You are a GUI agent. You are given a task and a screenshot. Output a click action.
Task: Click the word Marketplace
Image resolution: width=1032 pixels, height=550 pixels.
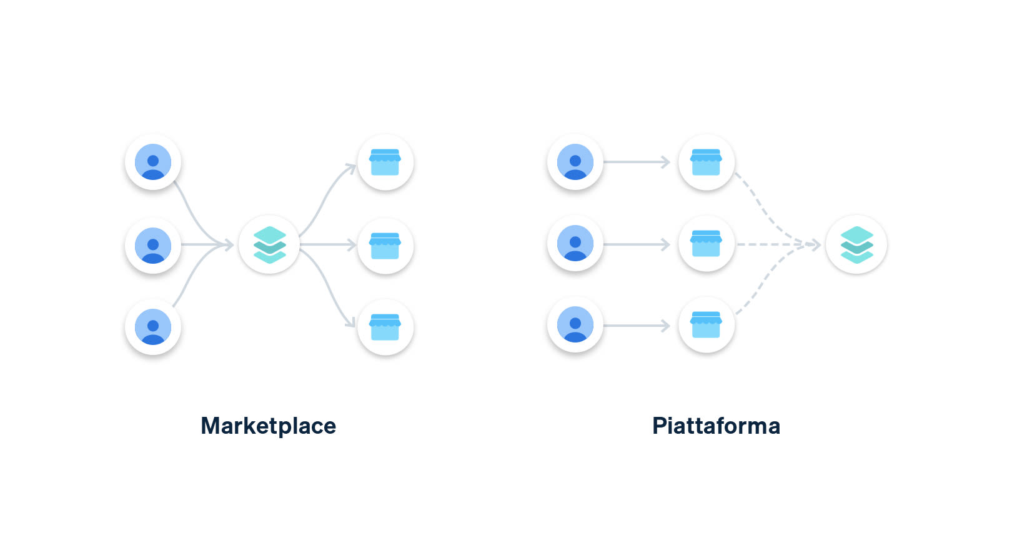[268, 426]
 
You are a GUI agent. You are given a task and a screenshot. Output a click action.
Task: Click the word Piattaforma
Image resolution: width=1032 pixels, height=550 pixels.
[716, 426]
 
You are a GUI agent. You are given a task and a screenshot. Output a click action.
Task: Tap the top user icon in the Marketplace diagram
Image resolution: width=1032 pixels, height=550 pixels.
[153, 162]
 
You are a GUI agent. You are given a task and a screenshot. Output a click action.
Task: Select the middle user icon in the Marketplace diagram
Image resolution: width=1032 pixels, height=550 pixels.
[153, 245]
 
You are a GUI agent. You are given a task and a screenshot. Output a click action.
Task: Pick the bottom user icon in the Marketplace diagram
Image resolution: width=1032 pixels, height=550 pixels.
[153, 327]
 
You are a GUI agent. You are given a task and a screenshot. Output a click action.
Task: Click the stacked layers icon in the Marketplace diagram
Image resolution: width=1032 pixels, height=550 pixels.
[269, 245]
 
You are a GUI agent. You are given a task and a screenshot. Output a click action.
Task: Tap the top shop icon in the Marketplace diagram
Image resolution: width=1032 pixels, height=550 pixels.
[385, 162]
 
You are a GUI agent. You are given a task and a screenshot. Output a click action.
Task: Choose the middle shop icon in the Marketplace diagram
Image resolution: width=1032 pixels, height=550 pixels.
[385, 245]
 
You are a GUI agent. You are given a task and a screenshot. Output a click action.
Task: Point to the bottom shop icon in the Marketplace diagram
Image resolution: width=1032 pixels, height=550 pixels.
[385, 327]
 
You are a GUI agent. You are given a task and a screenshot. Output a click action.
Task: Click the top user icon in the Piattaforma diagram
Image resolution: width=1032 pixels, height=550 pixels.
[575, 162]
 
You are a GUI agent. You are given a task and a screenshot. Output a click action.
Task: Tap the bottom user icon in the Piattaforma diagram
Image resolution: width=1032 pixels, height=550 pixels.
[575, 325]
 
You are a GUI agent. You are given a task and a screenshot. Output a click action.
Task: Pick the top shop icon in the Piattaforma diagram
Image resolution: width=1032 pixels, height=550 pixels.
[706, 162]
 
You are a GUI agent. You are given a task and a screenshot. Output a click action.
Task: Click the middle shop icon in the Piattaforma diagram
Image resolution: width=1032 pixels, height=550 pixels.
[706, 244]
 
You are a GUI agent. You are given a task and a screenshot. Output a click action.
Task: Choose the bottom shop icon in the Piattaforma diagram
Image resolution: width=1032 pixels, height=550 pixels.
[706, 325]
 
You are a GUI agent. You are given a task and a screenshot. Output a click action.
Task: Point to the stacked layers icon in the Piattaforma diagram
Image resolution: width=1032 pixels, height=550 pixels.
[856, 244]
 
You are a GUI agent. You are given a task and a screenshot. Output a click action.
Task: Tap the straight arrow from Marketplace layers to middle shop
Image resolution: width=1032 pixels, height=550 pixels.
[328, 245]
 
